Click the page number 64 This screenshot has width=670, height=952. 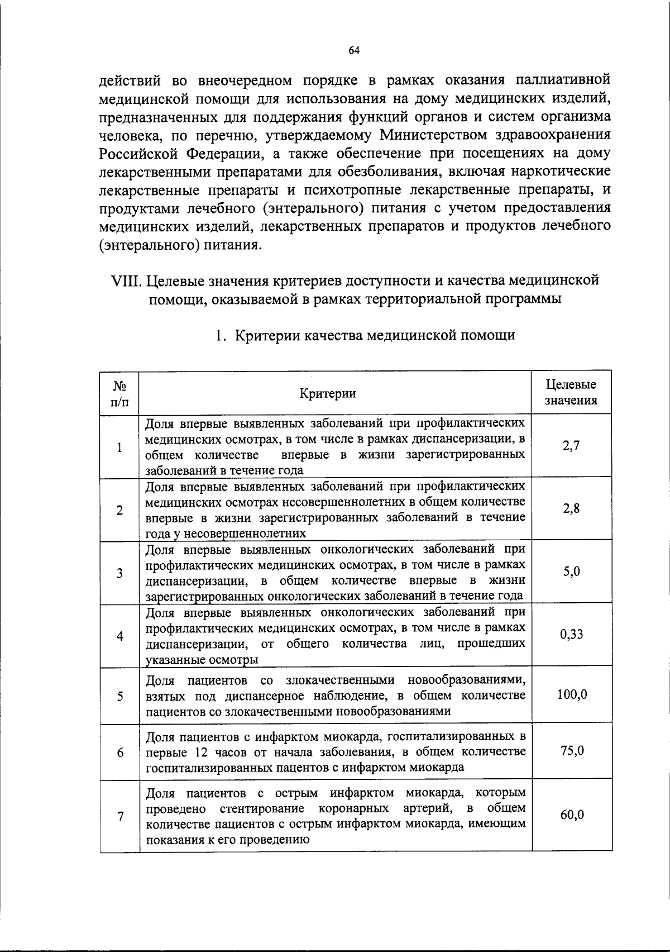tap(353, 51)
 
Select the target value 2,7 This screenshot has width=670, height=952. tap(571, 446)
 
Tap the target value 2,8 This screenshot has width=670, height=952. tap(571, 508)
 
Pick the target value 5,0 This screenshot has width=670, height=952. tap(571, 571)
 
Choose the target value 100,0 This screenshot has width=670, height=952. tap(572, 694)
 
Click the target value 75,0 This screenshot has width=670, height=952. tap(572, 750)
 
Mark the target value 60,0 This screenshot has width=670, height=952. tap(572, 815)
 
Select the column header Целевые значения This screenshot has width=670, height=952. tap(571, 392)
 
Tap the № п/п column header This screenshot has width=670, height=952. tap(120, 393)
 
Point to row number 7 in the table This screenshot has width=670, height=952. tap(120, 816)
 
